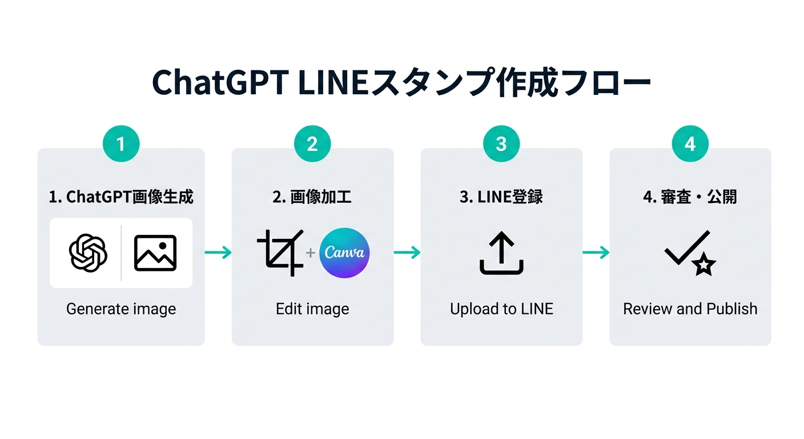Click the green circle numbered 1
point(121,143)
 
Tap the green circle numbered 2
point(312,143)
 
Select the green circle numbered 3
point(501,143)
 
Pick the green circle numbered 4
point(690,143)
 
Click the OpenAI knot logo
point(88,253)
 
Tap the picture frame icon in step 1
point(155,253)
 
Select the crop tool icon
point(280,253)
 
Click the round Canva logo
point(344,253)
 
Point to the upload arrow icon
point(501,253)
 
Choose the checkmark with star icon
point(690,253)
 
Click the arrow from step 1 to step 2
point(218,253)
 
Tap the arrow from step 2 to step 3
point(407,253)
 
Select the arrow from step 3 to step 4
point(596,253)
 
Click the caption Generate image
point(121,309)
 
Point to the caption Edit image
point(312,309)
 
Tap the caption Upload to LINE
point(501,309)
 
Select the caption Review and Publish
point(690,309)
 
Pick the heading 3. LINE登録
point(501,197)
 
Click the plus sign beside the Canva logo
point(311,253)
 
